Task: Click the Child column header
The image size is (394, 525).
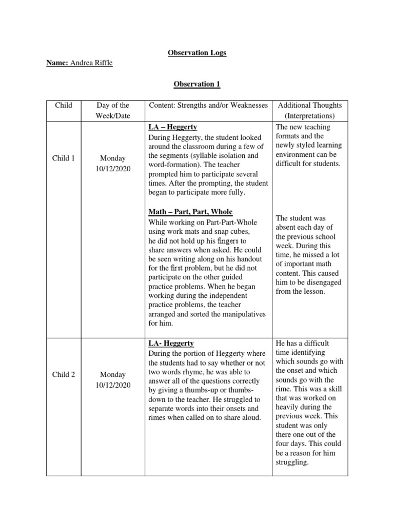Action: [64, 106]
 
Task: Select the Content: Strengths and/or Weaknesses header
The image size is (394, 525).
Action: [208, 106]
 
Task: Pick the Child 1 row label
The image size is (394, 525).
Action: [64, 158]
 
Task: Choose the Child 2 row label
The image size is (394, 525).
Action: [64, 375]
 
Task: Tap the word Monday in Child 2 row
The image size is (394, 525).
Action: [113, 375]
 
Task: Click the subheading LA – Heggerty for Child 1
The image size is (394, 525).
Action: [173, 127]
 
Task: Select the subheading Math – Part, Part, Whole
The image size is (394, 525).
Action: [190, 212]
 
